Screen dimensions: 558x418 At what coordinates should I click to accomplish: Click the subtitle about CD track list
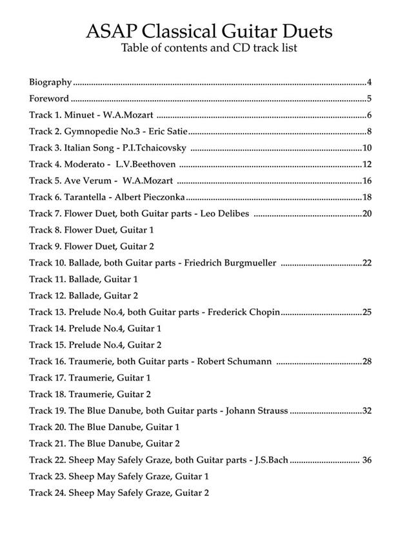pyautogui.click(x=209, y=48)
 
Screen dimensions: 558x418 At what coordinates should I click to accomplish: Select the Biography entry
pyautogui.click(x=50, y=82)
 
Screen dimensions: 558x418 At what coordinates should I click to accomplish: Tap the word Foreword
pyautogui.click(x=48, y=99)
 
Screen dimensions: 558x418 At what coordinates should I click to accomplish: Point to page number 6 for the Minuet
pyautogui.click(x=370, y=115)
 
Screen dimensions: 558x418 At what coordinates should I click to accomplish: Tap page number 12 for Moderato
pyautogui.click(x=367, y=164)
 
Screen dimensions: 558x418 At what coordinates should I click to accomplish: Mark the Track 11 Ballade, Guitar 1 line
pyautogui.click(x=83, y=279)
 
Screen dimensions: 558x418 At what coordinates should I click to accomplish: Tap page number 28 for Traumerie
pyautogui.click(x=367, y=361)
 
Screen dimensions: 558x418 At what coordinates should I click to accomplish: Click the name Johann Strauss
pyautogui.click(x=257, y=410)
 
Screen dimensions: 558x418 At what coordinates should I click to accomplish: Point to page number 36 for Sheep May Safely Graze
pyautogui.click(x=367, y=460)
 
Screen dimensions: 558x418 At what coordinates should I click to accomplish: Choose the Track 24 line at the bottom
pyautogui.click(x=119, y=493)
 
